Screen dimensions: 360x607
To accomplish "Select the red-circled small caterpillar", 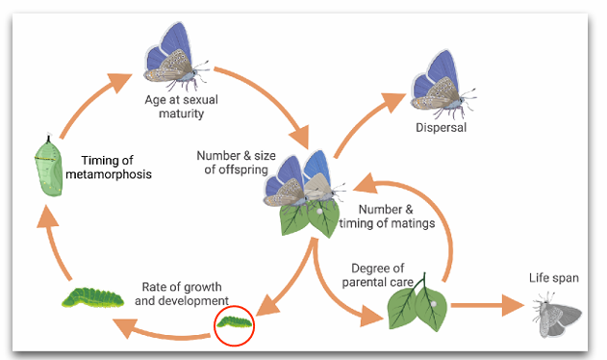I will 235,321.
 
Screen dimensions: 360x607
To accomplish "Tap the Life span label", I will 554,278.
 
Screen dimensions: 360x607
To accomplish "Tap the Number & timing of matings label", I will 395,216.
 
